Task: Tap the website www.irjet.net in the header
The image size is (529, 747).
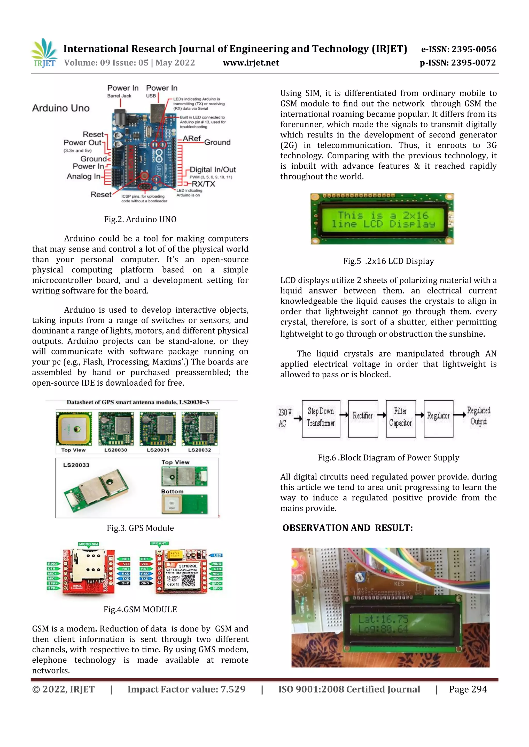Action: coord(251,63)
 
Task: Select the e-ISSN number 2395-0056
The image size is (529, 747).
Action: coord(474,50)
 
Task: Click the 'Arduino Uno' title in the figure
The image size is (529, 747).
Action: coord(61,108)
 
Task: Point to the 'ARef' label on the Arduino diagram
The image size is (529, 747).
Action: coord(192,139)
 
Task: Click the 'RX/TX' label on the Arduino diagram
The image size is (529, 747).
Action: coord(203,184)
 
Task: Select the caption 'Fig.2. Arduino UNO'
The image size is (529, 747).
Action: coord(140,219)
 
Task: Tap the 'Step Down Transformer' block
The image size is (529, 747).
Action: coord(321,418)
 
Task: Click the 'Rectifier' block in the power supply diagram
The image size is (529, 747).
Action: coord(363,418)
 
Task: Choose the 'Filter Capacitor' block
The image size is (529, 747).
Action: coord(401,418)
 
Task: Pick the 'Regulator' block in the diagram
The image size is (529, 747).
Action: coord(438,418)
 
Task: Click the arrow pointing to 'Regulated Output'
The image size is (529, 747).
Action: coord(460,415)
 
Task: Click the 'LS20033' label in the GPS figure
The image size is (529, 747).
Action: coord(76,465)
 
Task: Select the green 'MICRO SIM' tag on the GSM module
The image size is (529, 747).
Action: coord(88,544)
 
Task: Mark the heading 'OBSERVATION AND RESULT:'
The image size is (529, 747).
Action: coord(347,528)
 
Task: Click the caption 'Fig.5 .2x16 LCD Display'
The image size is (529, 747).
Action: coord(388,261)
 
